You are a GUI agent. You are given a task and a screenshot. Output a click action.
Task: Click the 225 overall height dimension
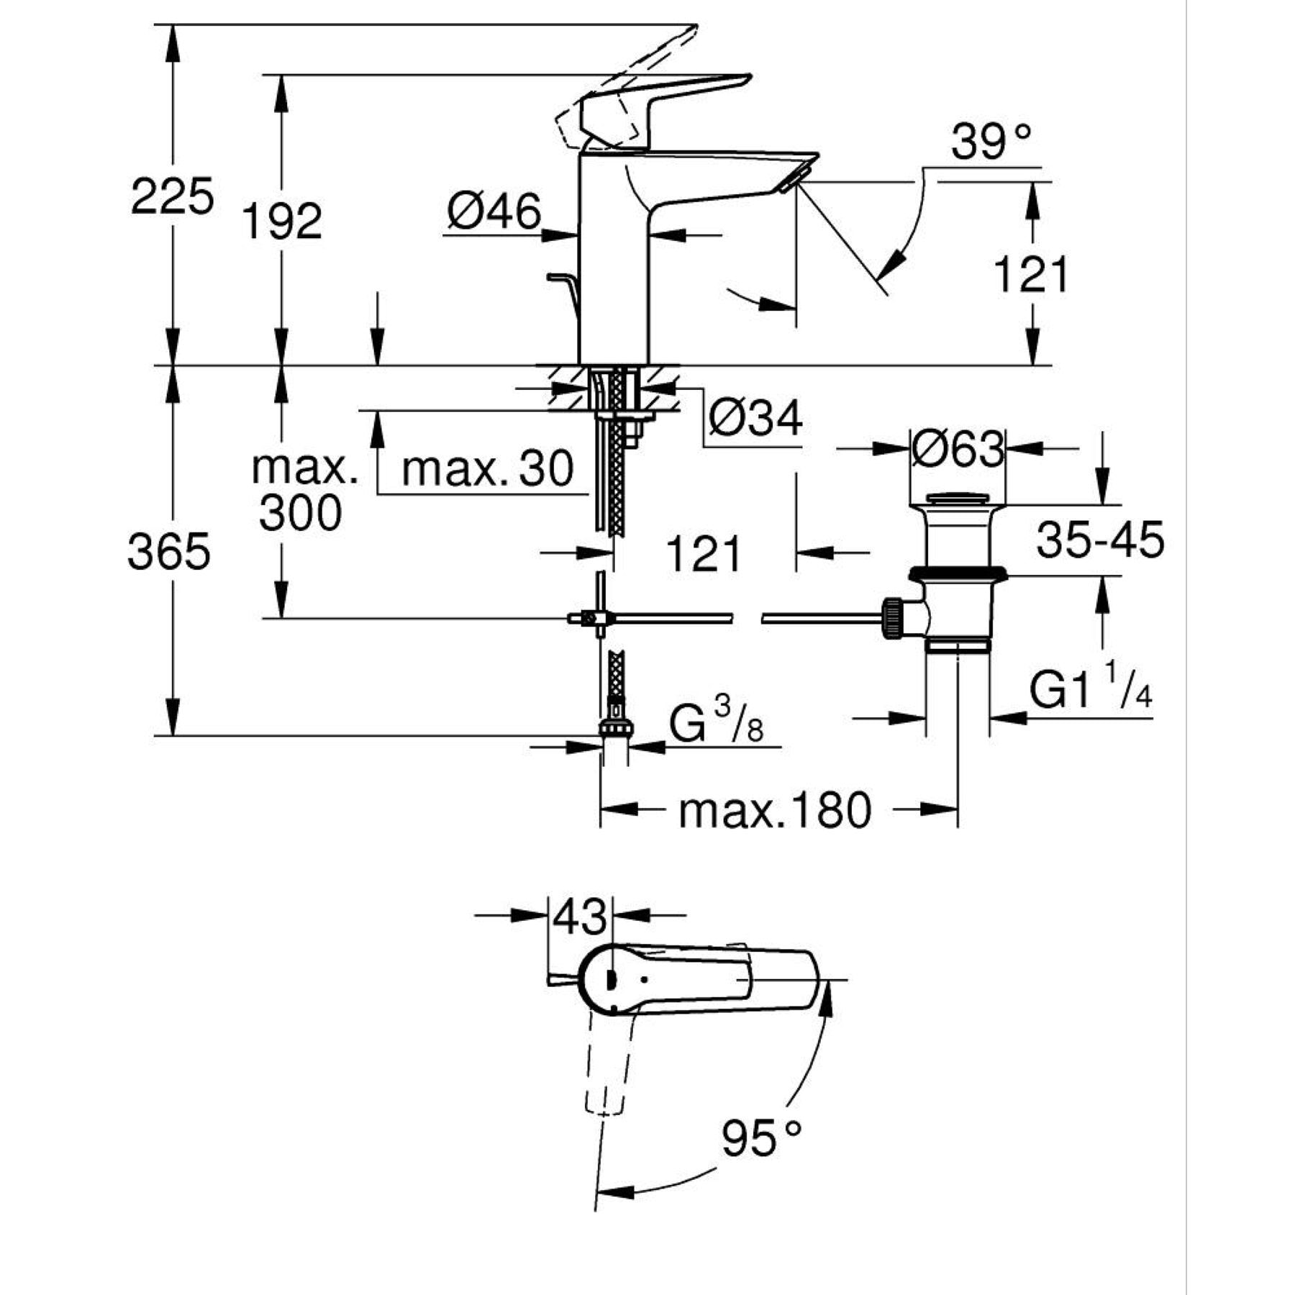pos(172,196)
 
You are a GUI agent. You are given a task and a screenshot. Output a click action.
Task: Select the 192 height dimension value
pos(281,221)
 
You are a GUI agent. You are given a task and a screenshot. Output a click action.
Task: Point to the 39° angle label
pos(991,142)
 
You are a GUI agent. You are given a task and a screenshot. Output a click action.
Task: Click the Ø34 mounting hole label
pos(755,419)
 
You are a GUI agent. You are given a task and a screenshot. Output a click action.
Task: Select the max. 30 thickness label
pos(487,468)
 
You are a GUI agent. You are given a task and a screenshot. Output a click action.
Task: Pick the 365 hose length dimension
pos(169,553)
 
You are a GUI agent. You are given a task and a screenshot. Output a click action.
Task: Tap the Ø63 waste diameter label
pos(958,450)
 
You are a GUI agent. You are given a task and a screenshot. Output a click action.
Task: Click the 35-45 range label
pos(1100,540)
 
